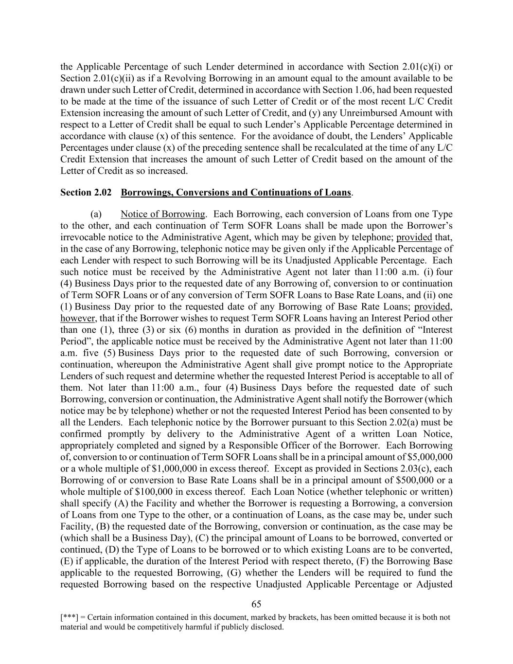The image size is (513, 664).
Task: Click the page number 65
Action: (x=256, y=604)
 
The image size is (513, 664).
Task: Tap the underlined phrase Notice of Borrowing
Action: (x=163, y=214)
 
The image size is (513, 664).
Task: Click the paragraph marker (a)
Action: (x=96, y=214)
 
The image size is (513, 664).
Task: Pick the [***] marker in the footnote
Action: (x=68, y=618)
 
